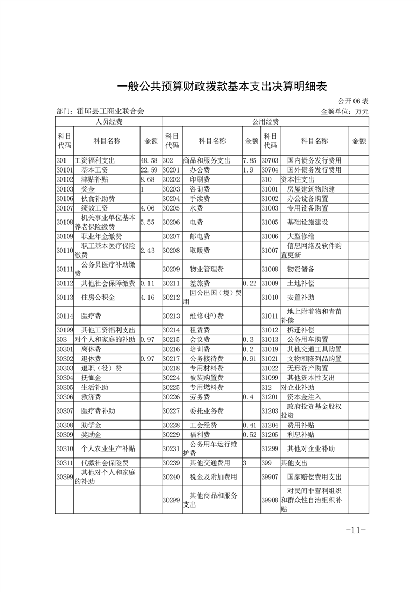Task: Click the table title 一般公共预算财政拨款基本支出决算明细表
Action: [209, 86]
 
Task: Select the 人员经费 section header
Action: [108, 122]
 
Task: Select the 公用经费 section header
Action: [265, 122]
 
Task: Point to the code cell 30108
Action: [64, 222]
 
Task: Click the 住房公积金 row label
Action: [98, 298]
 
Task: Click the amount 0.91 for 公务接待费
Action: [249, 359]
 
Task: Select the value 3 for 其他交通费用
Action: [245, 463]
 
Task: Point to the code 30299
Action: [172, 500]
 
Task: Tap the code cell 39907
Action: [269, 476]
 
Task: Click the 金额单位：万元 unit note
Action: [344, 111]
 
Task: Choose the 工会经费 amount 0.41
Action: [249, 425]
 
